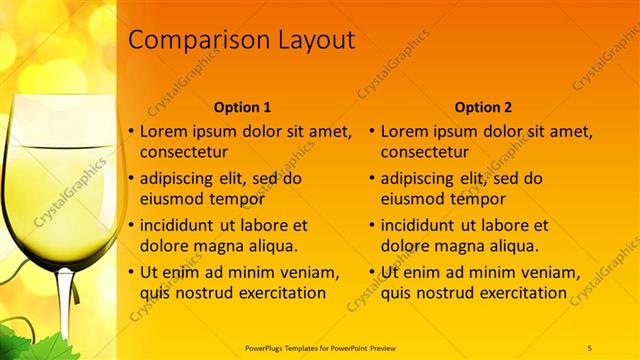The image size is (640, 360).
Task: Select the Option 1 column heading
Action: (242, 106)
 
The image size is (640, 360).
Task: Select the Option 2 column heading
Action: (483, 106)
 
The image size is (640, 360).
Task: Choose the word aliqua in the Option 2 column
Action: (511, 245)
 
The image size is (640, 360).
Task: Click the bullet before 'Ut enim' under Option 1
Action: (130, 273)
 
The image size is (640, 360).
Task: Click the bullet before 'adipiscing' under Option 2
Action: (371, 179)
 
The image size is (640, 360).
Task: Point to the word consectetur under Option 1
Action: (183, 152)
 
